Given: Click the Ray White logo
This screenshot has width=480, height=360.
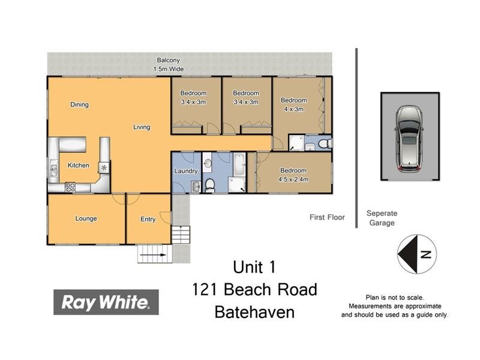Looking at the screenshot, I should tap(106, 302).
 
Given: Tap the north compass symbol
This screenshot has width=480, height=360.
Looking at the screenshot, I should tap(416, 254).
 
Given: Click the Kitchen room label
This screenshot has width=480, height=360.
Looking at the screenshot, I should tap(78, 166).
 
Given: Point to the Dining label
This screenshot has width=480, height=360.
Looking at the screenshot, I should tap(79, 104).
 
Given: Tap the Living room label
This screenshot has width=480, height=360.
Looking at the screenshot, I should tap(142, 127).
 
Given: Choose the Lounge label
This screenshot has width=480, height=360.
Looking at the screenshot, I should tap(86, 218).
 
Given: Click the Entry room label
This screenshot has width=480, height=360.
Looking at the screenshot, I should tap(148, 220).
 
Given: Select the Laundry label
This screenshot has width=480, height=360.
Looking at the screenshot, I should tap(186, 171).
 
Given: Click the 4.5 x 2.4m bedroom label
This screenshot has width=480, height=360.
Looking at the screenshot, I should tap(293, 175).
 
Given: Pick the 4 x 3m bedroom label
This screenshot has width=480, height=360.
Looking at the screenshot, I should tap(294, 104).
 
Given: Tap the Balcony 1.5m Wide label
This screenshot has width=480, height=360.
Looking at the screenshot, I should tap(169, 65).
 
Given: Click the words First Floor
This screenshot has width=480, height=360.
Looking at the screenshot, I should tap(327, 217).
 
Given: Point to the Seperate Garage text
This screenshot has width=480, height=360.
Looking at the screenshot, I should tap(382, 218).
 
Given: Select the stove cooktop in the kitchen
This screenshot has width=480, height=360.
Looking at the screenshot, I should tap(70, 187).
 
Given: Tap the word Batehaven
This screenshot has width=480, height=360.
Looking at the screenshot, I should tap(254, 312).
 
